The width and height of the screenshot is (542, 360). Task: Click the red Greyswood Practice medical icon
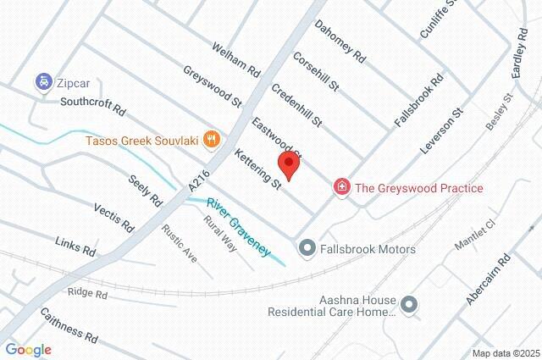click(342, 187)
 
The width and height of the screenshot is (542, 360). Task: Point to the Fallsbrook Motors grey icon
click(307, 248)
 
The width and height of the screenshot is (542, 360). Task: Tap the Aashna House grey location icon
click(410, 304)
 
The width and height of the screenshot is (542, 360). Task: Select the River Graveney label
click(240, 226)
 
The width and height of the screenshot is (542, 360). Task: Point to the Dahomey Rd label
click(340, 43)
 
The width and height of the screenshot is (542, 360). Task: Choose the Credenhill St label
click(296, 105)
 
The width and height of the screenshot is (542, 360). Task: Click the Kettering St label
click(257, 169)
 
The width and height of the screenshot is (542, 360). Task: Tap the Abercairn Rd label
click(489, 278)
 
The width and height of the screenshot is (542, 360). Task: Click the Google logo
click(28, 349)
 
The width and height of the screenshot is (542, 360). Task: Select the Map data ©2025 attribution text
click(505, 353)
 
